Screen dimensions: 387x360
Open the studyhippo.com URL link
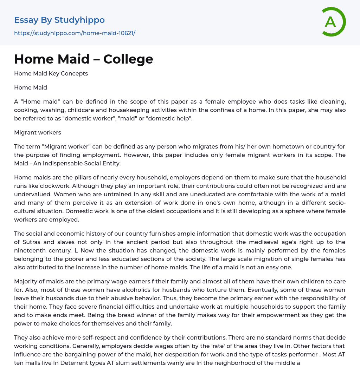(75, 33)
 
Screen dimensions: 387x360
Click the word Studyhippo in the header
(79, 20)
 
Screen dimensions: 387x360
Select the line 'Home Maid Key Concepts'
(51, 73)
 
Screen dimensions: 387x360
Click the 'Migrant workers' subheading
(38, 132)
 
